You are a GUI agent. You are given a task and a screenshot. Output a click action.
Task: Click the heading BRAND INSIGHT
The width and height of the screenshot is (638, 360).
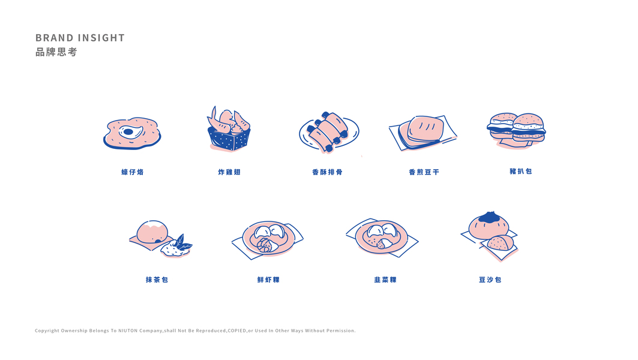pyautogui.click(x=80, y=38)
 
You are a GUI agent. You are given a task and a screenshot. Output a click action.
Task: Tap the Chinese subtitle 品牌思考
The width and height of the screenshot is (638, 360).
pyautogui.click(x=56, y=52)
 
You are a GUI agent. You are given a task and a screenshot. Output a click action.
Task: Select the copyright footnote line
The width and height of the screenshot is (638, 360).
pyautogui.click(x=195, y=331)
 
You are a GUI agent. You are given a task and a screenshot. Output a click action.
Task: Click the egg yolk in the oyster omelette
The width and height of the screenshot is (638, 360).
pyautogui.click(x=128, y=132)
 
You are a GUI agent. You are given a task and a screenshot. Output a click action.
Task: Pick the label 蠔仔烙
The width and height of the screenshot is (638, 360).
pyautogui.click(x=133, y=172)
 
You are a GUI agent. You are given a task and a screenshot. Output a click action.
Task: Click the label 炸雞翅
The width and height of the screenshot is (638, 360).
pyautogui.click(x=229, y=172)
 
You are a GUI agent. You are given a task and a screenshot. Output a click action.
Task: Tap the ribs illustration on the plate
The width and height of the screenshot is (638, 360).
pyautogui.click(x=328, y=131)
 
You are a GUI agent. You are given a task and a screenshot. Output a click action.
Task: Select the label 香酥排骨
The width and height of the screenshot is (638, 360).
pyautogui.click(x=327, y=172)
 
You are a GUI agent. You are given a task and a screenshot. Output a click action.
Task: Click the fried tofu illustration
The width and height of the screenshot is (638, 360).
pyautogui.click(x=423, y=132)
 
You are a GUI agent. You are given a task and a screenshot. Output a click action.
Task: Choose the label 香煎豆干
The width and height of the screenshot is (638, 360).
pyautogui.click(x=424, y=172)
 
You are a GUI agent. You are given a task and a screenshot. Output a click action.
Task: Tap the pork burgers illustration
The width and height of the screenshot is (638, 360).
pyautogui.click(x=516, y=130)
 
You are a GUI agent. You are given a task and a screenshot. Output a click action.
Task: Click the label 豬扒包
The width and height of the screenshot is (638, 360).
pyautogui.click(x=521, y=171)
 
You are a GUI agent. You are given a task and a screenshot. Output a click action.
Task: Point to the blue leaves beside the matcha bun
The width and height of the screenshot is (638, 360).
pyautogui.click(x=181, y=243)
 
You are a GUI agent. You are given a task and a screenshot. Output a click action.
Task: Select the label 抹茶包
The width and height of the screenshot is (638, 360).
pyautogui.click(x=157, y=280)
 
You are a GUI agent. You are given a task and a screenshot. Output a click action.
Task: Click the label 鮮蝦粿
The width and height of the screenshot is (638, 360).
pyautogui.click(x=268, y=280)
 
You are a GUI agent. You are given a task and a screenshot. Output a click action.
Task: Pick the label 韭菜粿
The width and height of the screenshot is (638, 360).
pyautogui.click(x=385, y=280)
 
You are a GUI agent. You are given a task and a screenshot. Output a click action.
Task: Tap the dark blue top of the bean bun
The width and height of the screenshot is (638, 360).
pyautogui.click(x=489, y=217)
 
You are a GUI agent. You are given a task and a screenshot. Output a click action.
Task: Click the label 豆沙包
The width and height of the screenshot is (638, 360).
pyautogui.click(x=490, y=280)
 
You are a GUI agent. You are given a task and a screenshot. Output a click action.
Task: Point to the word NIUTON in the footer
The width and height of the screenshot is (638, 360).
pyautogui.click(x=128, y=331)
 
